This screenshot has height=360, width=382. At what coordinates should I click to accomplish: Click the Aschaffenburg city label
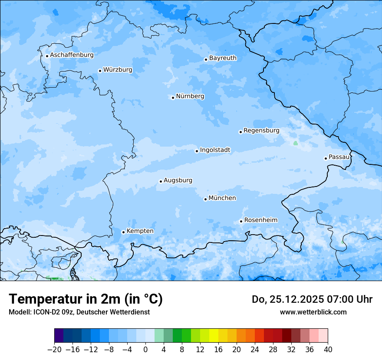point(72,55)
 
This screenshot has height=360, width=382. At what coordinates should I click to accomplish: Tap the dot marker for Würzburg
point(100,71)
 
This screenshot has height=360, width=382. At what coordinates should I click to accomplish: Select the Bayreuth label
point(223,58)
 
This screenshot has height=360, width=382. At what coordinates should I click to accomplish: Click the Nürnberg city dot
point(173,98)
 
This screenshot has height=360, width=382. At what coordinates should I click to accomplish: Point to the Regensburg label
point(261,130)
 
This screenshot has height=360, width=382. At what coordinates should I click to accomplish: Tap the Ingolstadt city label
point(215,150)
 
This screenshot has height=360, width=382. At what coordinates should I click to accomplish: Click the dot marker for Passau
point(326,158)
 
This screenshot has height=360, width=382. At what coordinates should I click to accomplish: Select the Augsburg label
point(178,180)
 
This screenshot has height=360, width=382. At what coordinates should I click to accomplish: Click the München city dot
point(205,199)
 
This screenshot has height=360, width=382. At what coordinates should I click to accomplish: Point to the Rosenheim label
point(260,220)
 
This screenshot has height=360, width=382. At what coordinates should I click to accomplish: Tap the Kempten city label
point(140,231)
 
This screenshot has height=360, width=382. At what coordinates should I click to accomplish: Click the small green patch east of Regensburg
point(296,143)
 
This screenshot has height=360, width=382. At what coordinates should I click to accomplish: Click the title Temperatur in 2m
point(86,299)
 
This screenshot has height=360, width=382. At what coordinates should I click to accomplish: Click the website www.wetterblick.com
point(313,312)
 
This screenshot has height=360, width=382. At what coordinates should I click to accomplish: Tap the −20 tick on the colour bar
point(54,350)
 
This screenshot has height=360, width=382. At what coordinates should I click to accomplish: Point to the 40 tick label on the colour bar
point(328,350)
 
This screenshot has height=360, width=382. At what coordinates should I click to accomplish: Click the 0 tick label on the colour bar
point(145,350)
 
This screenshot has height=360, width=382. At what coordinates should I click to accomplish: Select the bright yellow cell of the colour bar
point(214,336)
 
